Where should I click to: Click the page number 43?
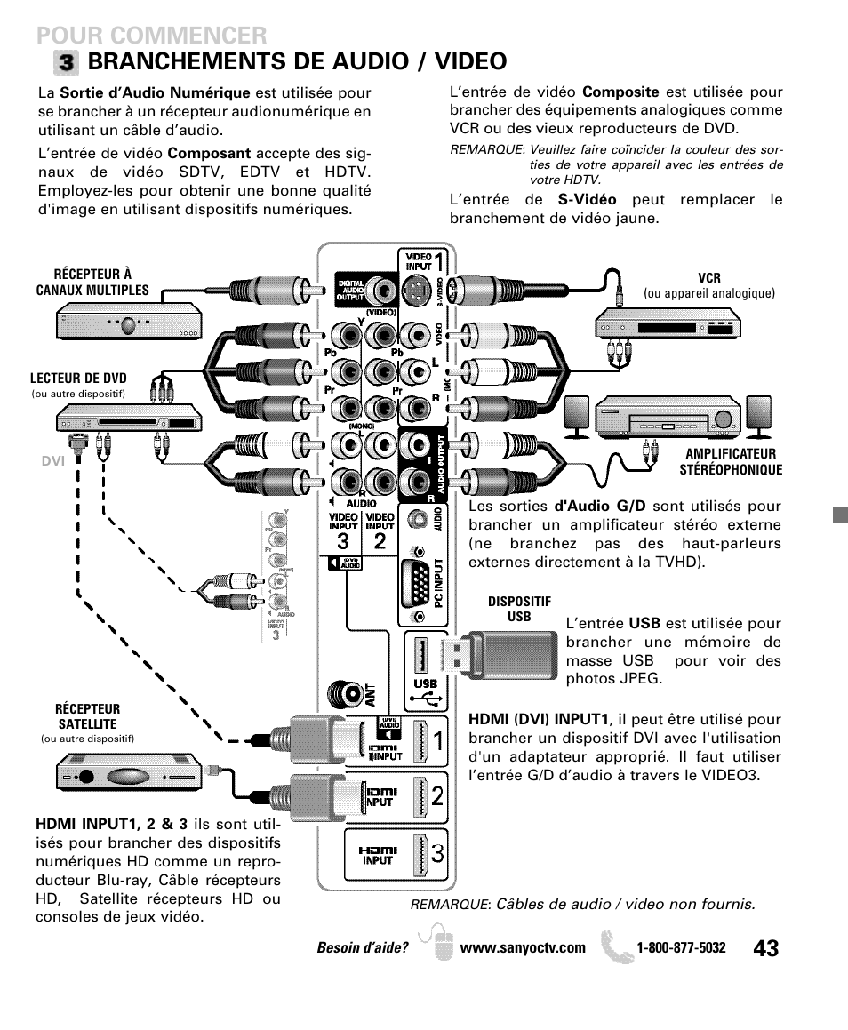(x=764, y=948)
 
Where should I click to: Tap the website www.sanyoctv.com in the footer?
(x=523, y=948)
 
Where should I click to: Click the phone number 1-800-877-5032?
(x=681, y=948)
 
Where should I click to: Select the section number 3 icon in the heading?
(x=66, y=62)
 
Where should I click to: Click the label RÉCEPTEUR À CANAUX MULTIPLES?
(x=92, y=283)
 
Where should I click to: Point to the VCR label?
(x=708, y=278)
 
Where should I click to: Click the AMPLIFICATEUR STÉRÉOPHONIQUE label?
(x=731, y=462)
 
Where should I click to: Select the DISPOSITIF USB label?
(x=519, y=609)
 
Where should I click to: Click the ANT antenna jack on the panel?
(x=343, y=692)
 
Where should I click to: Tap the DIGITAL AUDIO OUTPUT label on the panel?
(x=350, y=291)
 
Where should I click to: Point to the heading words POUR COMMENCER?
(x=152, y=35)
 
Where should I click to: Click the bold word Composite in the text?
(x=620, y=92)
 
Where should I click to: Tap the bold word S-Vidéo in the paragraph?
(x=587, y=200)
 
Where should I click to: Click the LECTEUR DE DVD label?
(x=79, y=379)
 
